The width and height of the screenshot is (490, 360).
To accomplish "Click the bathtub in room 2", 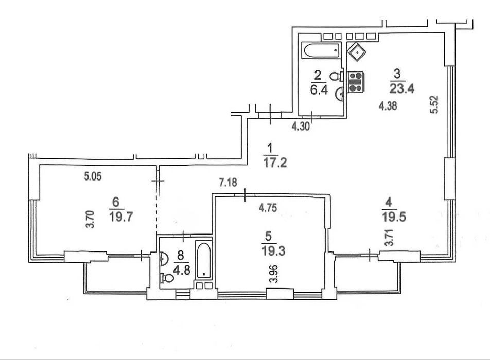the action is coord(321,50).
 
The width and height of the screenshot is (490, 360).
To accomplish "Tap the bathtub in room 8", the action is coord(204,260).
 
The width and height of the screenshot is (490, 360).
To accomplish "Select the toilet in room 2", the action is coord(337,76).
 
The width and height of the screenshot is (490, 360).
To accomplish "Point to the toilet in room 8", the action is coord(167,278).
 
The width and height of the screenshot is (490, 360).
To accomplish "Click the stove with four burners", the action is coord(356,82).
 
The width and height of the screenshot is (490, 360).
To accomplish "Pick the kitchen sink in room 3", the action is coord(357,52).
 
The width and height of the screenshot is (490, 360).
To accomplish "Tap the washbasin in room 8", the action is coord(164,259).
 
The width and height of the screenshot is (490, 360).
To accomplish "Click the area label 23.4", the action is coord(402,88).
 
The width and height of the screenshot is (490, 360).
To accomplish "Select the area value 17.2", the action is coord(275,163).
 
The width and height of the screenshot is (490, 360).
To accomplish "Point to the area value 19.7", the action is coord(121,216).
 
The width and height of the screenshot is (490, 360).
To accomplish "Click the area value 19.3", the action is coord(273,250).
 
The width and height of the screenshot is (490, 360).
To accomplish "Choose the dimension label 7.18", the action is coord(228,182).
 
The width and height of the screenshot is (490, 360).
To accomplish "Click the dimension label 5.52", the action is coord(434,104).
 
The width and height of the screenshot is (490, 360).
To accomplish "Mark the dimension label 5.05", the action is coord(93,176).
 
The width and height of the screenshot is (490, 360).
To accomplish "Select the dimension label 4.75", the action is coord(268,208).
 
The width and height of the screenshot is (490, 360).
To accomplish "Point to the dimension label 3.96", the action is coord(273,274).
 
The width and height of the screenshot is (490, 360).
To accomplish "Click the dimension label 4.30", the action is coord(301,127).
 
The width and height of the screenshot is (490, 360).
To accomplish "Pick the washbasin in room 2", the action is coord(339,94).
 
